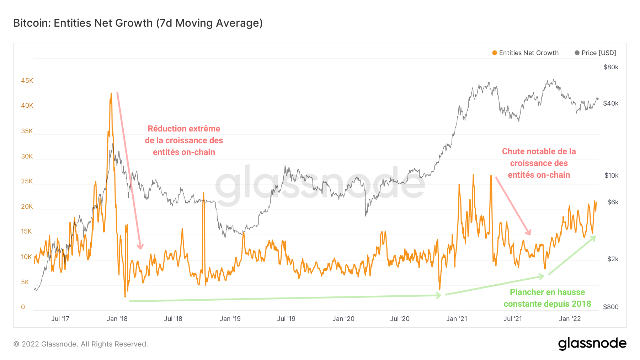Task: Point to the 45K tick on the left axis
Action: coord(27,81)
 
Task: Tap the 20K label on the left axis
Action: coord(27,206)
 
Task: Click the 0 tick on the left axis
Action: coord(23,307)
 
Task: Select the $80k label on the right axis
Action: coord(611,67)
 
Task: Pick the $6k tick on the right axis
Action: coord(613,202)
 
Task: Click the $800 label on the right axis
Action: coord(611,307)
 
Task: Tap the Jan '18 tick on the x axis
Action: coord(117,319)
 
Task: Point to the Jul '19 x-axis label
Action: coord(286,319)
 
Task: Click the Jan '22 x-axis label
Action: coord(570,319)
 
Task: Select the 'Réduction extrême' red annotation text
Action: coord(184,129)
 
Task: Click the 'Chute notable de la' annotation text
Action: coord(539,151)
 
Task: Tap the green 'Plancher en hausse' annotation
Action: coord(547,292)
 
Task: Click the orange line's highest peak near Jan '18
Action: coord(111,94)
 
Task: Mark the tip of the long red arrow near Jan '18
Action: coord(141,248)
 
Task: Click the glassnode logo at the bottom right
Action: coord(592,344)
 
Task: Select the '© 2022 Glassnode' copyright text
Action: coord(81,344)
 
